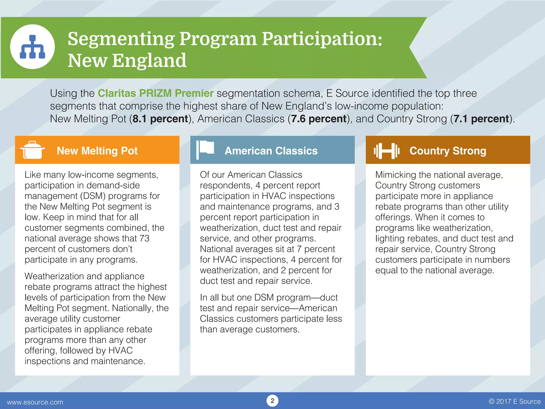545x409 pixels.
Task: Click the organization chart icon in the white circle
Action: (x=32, y=47)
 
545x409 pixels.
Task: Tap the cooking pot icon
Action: (x=32, y=150)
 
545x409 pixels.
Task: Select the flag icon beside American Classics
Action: (x=205, y=150)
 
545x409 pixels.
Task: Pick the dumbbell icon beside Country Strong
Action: (x=386, y=151)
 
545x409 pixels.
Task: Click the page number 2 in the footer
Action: (x=272, y=401)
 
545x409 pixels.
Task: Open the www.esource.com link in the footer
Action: (x=35, y=402)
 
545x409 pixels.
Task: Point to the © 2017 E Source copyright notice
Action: (x=515, y=401)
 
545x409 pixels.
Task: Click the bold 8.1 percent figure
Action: (x=160, y=119)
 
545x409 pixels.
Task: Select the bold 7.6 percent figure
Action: (x=319, y=119)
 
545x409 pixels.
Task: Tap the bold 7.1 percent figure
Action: (x=481, y=119)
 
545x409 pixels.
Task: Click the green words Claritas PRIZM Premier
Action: (x=156, y=93)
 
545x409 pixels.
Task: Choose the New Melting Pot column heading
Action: (x=97, y=151)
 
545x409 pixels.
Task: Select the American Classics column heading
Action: (x=271, y=151)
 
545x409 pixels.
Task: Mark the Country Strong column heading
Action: (x=448, y=151)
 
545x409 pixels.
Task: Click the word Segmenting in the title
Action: (x=121, y=39)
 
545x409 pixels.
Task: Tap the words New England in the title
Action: (x=127, y=60)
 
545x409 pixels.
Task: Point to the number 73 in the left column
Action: (x=144, y=238)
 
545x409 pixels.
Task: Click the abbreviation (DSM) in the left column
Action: (x=93, y=196)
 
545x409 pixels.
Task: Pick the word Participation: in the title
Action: (x=322, y=39)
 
